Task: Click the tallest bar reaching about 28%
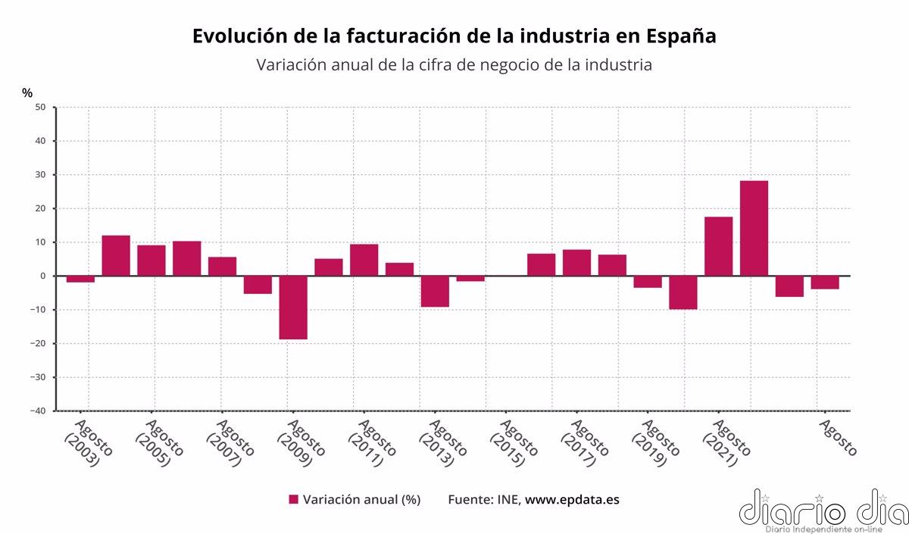click(x=754, y=228)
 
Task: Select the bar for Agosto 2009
click(x=293, y=307)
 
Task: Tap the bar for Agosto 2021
click(x=718, y=246)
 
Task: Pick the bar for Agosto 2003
click(x=80, y=279)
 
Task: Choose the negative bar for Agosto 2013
click(x=435, y=291)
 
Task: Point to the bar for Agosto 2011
click(x=364, y=260)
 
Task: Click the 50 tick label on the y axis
click(x=41, y=108)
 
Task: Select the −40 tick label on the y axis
click(x=38, y=411)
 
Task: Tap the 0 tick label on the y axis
click(x=44, y=276)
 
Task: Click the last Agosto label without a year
click(x=839, y=438)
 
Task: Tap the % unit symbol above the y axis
click(x=27, y=92)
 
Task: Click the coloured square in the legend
click(x=294, y=499)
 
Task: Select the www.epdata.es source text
click(x=572, y=499)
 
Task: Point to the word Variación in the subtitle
click(x=292, y=65)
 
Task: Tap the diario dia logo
click(x=823, y=510)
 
